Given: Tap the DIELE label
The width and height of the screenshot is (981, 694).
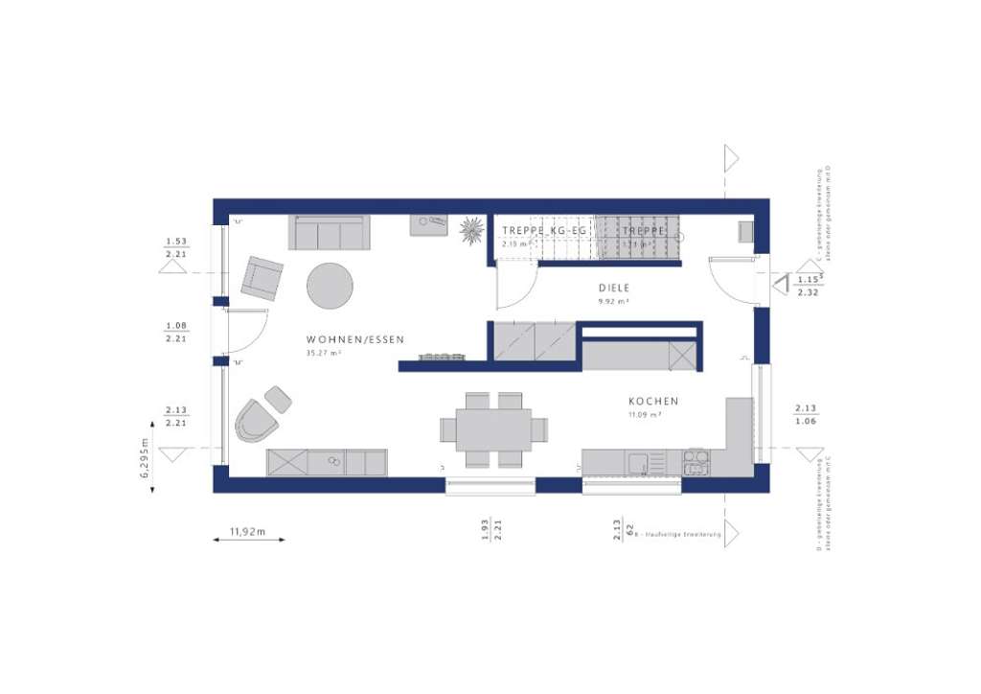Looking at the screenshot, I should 614,288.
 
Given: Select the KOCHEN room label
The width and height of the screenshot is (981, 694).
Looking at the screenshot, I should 653,402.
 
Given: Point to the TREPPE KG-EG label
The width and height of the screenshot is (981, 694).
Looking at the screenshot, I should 544,231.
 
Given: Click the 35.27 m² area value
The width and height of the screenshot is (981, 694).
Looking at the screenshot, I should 324,354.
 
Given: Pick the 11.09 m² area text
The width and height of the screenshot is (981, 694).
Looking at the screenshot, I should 646,415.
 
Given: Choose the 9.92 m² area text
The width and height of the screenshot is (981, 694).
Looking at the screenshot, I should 614,301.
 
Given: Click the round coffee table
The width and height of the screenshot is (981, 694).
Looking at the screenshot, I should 330,286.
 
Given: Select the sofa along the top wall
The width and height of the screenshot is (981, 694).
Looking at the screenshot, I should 330,232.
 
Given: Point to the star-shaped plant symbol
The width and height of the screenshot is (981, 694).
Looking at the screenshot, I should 471,229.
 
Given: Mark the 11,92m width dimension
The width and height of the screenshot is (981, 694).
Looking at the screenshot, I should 247,529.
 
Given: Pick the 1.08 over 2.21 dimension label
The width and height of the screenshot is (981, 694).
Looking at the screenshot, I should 176,333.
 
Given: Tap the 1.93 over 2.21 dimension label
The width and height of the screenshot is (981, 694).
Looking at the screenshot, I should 486,529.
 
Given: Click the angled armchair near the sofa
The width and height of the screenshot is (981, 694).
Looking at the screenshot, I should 261,278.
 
